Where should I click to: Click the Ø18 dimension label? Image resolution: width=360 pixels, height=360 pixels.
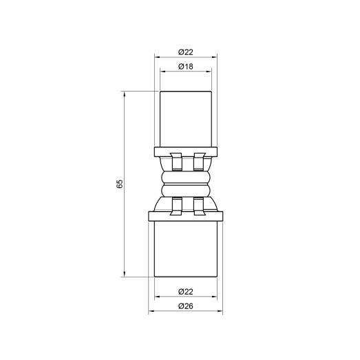click(x=184, y=66)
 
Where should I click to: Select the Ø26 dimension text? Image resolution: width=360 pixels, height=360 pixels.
click(x=184, y=306)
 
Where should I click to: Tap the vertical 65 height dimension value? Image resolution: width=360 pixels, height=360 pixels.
click(x=118, y=184)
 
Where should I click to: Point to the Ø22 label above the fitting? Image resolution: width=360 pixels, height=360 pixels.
click(x=184, y=52)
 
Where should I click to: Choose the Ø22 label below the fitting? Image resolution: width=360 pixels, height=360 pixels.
click(x=184, y=290)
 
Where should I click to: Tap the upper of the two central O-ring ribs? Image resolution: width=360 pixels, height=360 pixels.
click(x=184, y=178)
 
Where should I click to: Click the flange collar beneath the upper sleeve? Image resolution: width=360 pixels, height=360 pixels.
click(x=184, y=151)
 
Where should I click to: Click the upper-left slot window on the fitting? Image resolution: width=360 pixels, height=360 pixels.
click(x=176, y=162)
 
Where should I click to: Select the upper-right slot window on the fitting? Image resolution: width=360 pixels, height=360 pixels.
click(x=200, y=162)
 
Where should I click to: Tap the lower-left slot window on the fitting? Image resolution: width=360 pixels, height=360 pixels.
click(x=176, y=205)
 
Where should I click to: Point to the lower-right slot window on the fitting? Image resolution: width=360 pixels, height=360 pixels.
click(x=200, y=205)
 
